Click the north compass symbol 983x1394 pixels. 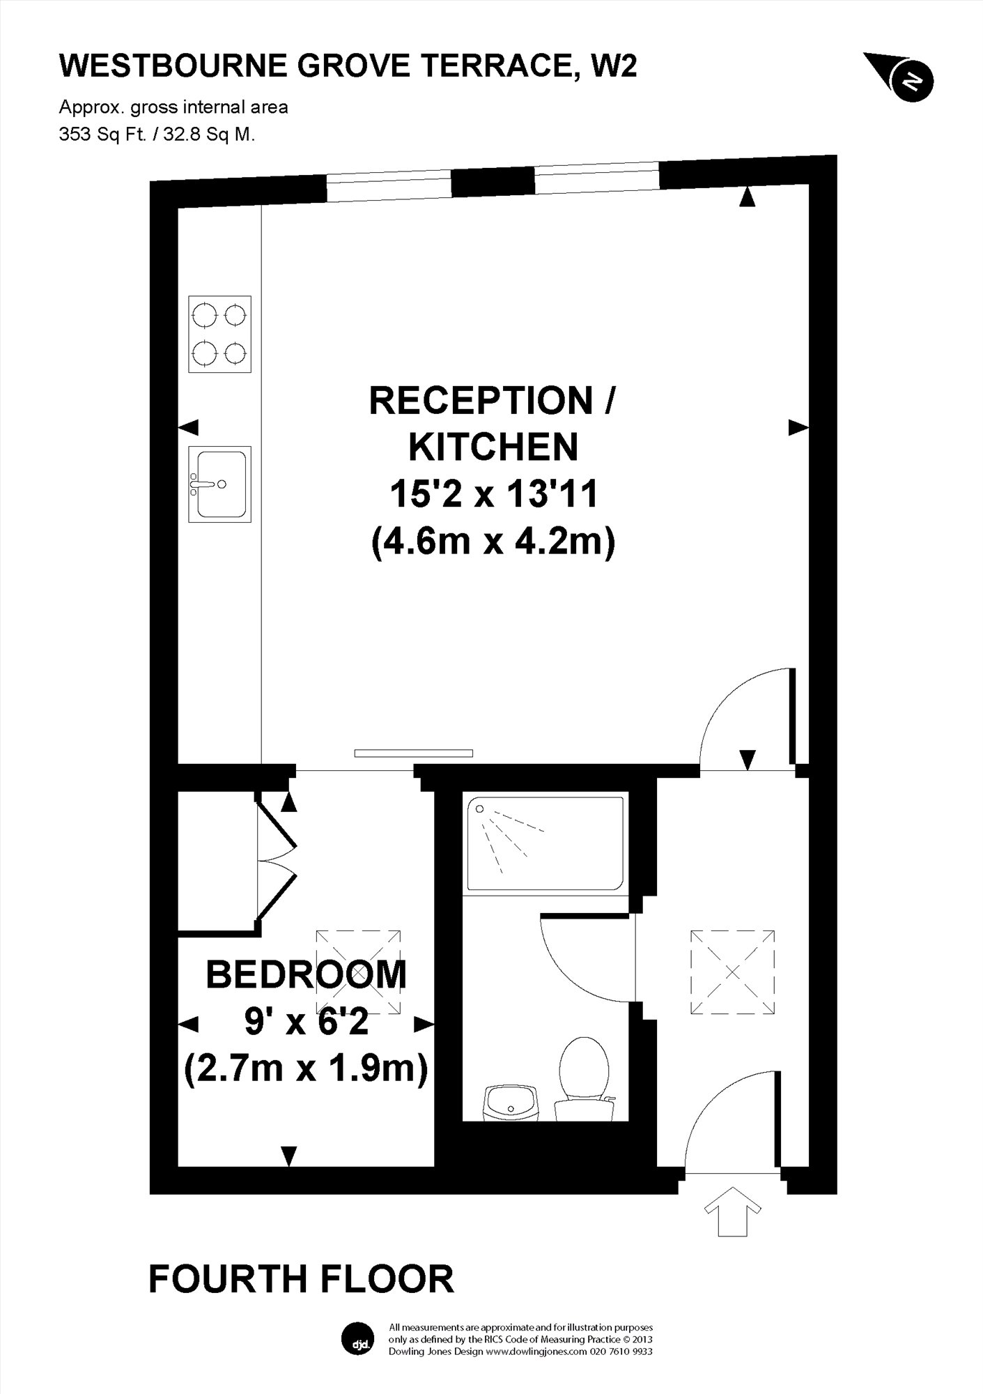903,77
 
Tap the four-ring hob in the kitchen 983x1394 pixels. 219,334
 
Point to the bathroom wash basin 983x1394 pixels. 512,1103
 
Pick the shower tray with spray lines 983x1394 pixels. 545,844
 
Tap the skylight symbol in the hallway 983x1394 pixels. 732,972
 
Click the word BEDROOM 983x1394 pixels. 307,974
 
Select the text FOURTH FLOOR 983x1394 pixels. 301,1280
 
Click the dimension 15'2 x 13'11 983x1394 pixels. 493,494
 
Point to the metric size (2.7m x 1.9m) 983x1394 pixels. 306,1068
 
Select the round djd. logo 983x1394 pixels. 359,1339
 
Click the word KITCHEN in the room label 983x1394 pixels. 493,447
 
